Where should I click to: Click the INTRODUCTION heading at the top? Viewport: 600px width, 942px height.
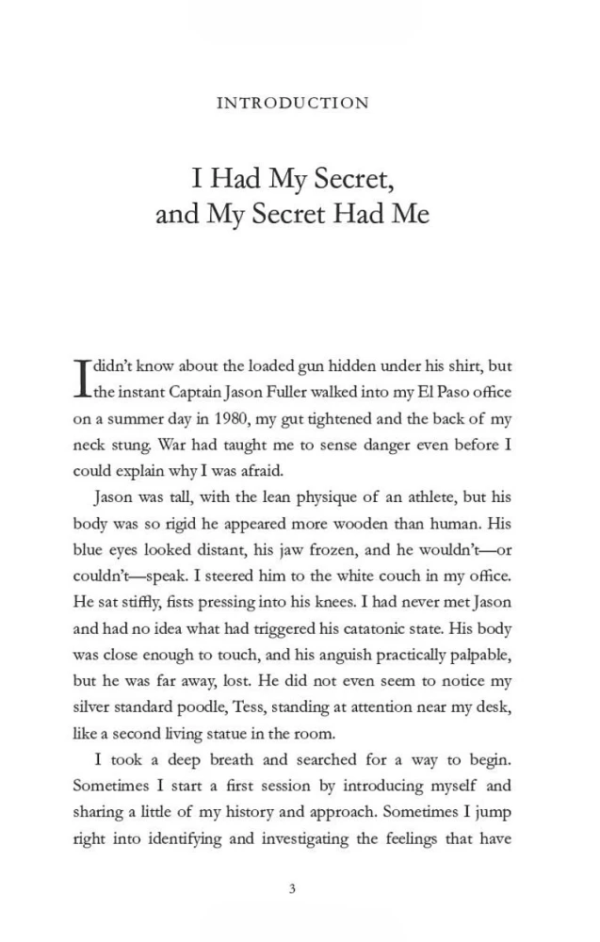point(292,104)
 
